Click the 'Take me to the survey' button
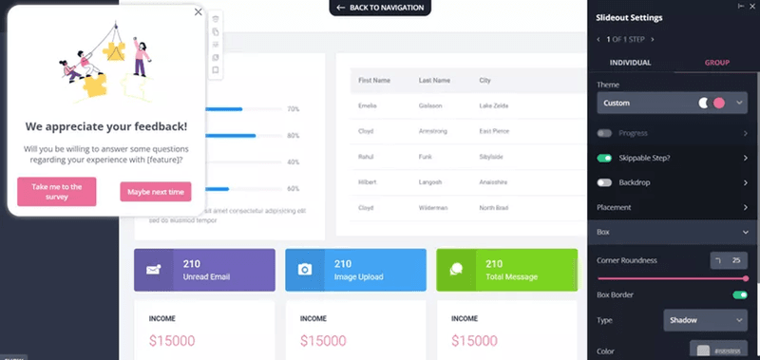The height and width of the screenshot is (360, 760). (56, 192)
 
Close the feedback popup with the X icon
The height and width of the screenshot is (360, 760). (198, 12)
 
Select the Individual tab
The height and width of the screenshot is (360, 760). (630, 62)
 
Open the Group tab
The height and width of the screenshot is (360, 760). (716, 62)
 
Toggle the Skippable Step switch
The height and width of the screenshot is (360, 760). (604, 158)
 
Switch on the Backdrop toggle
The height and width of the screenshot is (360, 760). (604, 181)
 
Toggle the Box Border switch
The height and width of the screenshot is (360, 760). (740, 295)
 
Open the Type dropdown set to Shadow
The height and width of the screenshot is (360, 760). (705, 321)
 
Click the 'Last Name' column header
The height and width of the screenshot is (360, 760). (433, 81)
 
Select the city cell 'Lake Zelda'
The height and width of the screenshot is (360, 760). (495, 104)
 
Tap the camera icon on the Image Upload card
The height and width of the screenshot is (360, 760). (305, 270)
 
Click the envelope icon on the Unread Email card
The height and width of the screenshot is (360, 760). (154, 270)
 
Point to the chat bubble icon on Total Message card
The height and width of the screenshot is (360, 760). (456, 270)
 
